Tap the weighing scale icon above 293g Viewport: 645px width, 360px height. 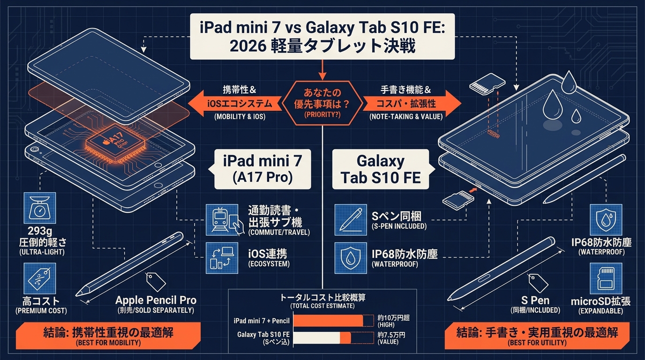click(x=40, y=208)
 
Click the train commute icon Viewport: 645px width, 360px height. click(x=222, y=220)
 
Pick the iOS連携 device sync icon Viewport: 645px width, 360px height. click(x=222, y=258)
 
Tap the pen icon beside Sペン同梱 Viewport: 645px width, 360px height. click(x=351, y=220)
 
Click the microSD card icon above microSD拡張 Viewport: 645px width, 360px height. click(x=606, y=278)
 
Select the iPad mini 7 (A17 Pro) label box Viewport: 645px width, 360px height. click(x=262, y=169)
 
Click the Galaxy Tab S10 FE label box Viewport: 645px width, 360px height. click(x=381, y=169)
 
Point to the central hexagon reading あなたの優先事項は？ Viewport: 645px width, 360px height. click(x=322, y=103)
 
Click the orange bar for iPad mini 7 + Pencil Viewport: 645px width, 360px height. click(x=328, y=321)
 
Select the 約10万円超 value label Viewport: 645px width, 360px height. click(x=393, y=318)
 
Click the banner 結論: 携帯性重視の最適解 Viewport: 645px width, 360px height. click(x=108, y=336)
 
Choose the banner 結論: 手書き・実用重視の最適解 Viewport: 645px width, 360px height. click(x=537, y=336)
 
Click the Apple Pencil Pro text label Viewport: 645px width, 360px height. click(x=156, y=300)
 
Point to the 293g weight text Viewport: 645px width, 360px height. click(x=40, y=231)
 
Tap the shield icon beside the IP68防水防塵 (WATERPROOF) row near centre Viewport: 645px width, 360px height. click(x=351, y=258)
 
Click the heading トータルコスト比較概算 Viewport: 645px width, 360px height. click(x=322, y=297)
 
